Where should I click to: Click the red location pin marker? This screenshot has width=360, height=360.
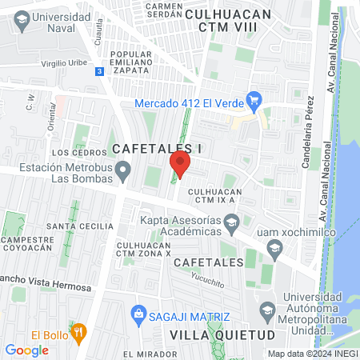180,165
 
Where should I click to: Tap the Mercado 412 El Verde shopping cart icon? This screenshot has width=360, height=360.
255,101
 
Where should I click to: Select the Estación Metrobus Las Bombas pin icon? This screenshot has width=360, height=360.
123,170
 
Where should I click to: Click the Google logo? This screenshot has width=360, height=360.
26,350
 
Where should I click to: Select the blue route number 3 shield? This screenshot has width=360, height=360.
98,71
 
